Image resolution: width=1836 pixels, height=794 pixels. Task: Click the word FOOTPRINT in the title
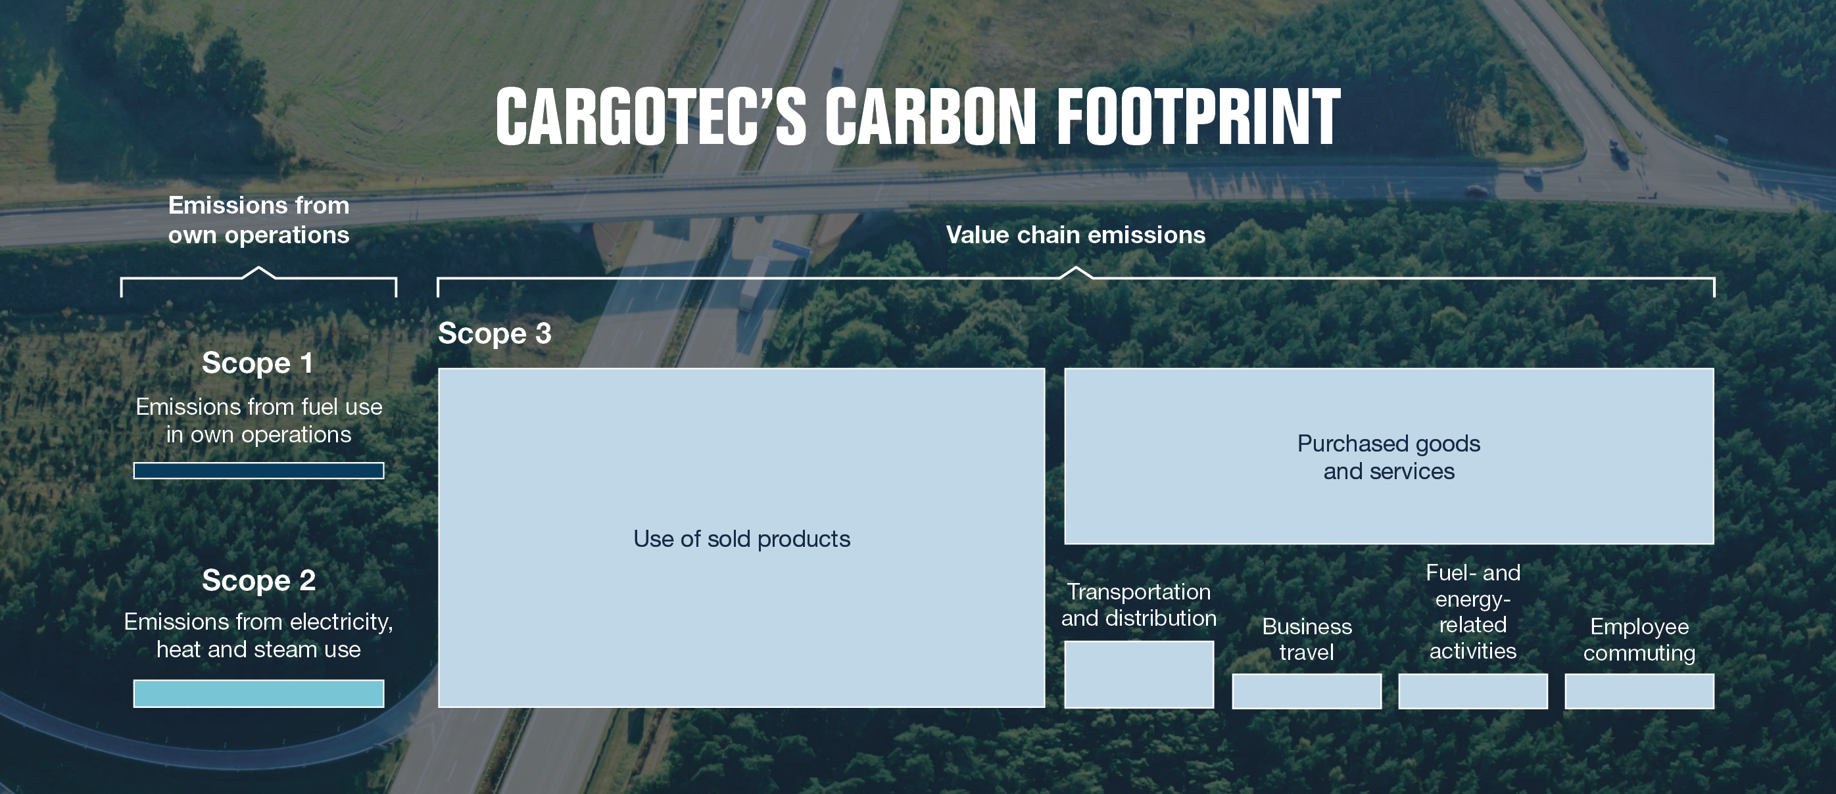[1198, 117]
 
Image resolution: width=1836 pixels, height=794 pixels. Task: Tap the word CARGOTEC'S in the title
[652, 117]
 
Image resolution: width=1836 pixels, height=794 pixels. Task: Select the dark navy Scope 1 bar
[258, 471]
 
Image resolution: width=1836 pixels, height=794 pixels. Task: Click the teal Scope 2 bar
[258, 693]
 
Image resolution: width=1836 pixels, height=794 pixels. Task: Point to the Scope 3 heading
[495, 333]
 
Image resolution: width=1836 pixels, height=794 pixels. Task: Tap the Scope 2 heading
[258, 580]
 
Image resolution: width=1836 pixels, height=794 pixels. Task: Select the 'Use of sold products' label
[742, 539]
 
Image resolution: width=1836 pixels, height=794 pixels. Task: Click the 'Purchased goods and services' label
[1389, 457]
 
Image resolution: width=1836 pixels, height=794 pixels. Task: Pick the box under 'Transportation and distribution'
[1139, 674]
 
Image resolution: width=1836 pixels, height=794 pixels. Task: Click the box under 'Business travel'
[1307, 691]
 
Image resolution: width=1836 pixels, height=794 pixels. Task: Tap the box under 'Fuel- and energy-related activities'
[1473, 691]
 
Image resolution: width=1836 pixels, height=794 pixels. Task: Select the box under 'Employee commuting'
[1639, 691]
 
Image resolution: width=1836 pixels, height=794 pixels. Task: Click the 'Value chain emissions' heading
[1076, 235]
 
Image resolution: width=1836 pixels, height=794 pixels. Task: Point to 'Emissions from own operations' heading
[258, 220]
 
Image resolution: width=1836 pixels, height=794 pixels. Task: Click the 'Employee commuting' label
[1639, 640]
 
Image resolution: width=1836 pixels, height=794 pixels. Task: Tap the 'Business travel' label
[1307, 640]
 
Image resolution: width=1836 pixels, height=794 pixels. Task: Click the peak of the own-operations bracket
[258, 268]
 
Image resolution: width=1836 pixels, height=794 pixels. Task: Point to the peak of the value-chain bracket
[1076, 268]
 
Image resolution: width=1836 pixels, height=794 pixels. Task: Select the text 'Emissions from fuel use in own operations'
[258, 420]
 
